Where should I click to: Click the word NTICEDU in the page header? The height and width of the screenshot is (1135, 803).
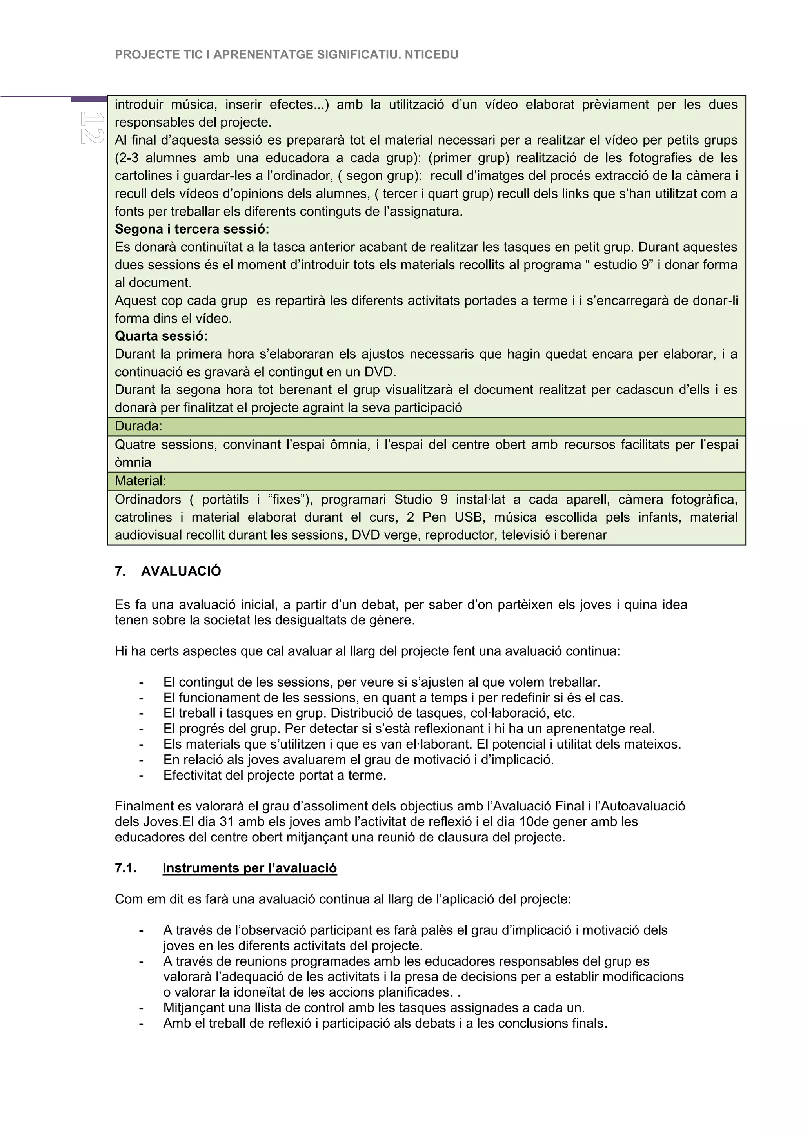pyautogui.click(x=431, y=55)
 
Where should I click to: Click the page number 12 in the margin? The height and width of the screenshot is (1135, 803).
pyautogui.click(x=92, y=127)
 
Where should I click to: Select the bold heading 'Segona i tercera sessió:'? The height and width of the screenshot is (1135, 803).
pyautogui.click(x=192, y=229)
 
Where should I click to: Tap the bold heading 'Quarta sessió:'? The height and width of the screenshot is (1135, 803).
pyautogui.click(x=161, y=336)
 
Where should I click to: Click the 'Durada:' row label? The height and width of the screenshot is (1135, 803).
pyautogui.click(x=138, y=426)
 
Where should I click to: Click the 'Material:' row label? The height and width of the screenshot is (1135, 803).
pyautogui.click(x=140, y=481)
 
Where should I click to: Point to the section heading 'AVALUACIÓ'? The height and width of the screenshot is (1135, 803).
pyautogui.click(x=181, y=571)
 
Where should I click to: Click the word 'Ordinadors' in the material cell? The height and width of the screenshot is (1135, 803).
pyautogui.click(x=148, y=500)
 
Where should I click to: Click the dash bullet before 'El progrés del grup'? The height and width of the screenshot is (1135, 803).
pyautogui.click(x=142, y=729)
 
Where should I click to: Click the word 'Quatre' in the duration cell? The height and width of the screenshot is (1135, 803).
pyautogui.click(x=134, y=445)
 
